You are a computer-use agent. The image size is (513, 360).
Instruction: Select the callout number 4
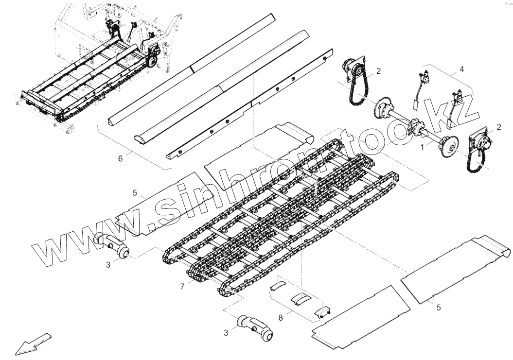click(x=461, y=69)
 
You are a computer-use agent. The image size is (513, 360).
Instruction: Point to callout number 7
click(x=182, y=287)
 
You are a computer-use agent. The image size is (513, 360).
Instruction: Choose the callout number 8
click(x=281, y=318)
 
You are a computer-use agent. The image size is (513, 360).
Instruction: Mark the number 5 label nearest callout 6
click(x=135, y=193)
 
